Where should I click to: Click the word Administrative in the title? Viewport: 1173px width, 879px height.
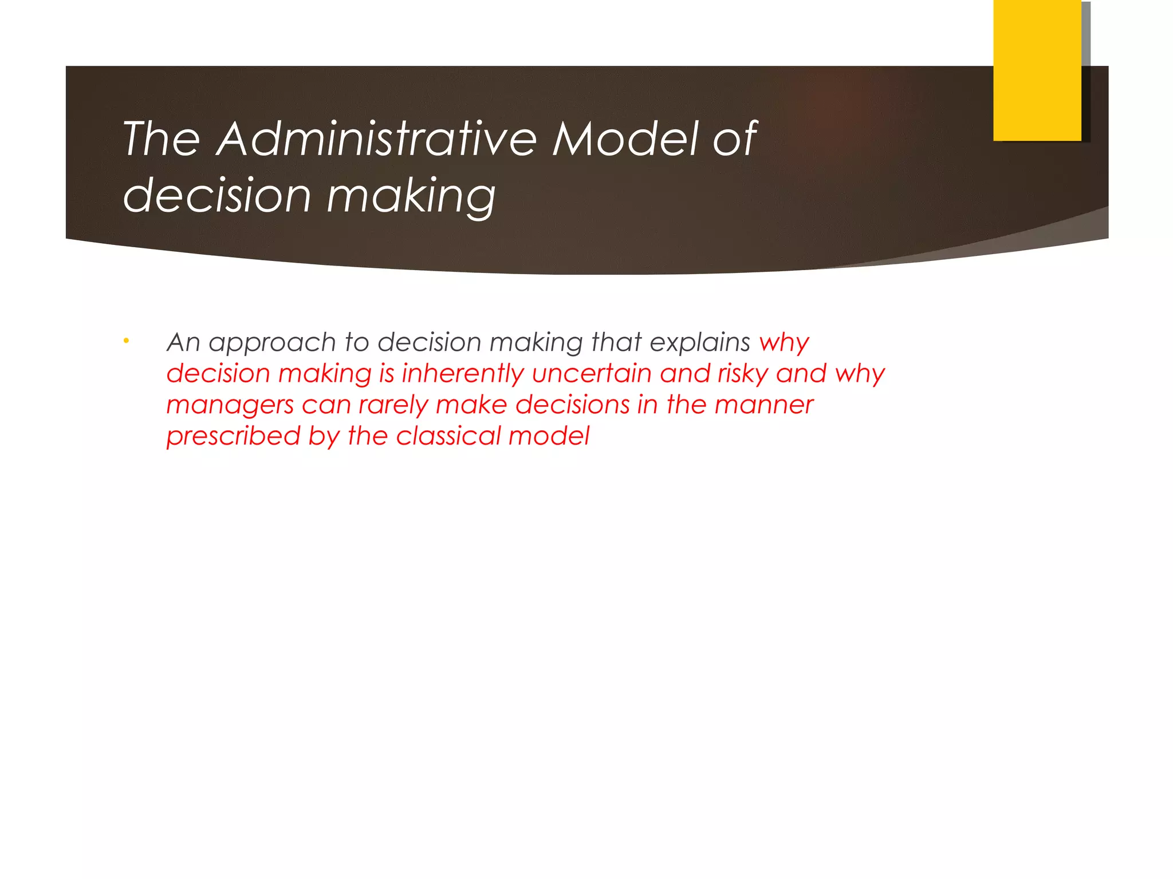(x=376, y=139)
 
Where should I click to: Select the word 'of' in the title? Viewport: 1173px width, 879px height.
(x=734, y=139)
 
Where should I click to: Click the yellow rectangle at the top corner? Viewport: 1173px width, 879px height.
(x=1037, y=70)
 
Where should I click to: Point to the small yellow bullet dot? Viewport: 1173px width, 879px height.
(x=126, y=342)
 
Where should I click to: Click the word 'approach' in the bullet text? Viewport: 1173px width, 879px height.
(x=272, y=343)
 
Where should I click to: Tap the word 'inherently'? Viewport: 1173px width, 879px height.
(x=463, y=374)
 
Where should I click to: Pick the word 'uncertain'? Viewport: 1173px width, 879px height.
(x=592, y=374)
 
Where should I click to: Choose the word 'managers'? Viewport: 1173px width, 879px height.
(x=230, y=406)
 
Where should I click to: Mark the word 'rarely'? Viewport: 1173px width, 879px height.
(x=393, y=406)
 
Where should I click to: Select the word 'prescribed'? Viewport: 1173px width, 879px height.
(x=233, y=437)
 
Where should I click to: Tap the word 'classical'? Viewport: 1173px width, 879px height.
(x=448, y=436)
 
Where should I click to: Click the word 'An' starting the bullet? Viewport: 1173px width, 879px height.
(x=183, y=342)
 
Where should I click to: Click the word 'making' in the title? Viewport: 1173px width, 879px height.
(x=411, y=196)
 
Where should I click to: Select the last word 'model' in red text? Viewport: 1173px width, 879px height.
(x=549, y=436)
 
